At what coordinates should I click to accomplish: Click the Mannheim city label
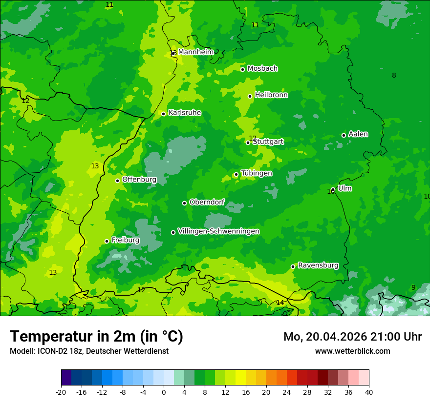[195, 52]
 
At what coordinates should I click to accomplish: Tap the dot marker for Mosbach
[242, 69]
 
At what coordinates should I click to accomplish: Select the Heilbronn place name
[271, 95]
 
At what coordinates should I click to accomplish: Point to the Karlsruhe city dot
[164, 114]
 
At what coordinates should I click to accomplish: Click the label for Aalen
[358, 134]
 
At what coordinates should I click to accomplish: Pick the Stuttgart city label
[268, 142]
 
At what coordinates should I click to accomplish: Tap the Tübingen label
[257, 173]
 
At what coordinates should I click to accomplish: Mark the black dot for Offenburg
[117, 181]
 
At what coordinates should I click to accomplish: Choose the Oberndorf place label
[207, 202]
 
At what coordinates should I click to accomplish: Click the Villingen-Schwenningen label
[218, 231]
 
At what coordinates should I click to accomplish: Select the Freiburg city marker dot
[107, 241]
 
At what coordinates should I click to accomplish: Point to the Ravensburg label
[318, 265]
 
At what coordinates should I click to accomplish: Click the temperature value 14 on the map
[280, 303]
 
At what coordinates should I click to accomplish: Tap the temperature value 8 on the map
[394, 75]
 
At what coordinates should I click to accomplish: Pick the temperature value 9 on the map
[413, 287]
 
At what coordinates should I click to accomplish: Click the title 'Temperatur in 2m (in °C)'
[96, 337]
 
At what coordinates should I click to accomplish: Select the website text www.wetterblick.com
[352, 351]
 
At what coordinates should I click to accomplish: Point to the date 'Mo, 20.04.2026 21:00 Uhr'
[352, 337]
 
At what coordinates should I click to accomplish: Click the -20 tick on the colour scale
[61, 392]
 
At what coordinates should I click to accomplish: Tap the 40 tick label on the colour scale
[369, 392]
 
